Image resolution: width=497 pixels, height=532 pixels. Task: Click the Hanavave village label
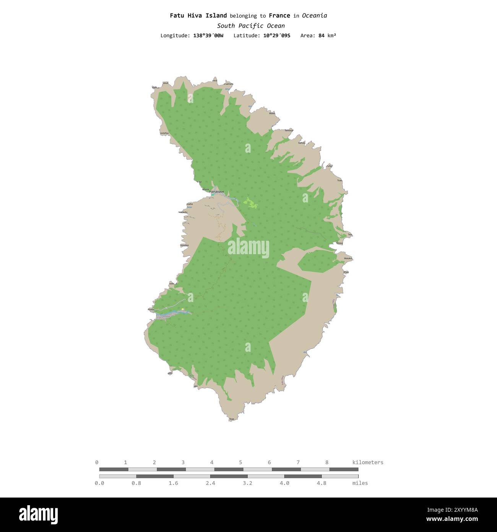216,191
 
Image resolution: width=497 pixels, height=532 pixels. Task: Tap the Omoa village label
166,317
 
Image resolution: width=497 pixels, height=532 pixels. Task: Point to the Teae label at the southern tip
231,419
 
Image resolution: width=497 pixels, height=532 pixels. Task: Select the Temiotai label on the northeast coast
289,131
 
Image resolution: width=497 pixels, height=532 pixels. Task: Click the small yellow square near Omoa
183,309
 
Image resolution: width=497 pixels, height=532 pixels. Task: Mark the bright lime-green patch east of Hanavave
251,203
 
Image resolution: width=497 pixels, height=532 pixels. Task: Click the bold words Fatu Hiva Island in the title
198,16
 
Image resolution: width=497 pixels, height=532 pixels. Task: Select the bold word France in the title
279,16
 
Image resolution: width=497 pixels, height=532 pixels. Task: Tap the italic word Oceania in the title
314,16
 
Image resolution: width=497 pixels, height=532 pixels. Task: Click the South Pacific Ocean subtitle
251,26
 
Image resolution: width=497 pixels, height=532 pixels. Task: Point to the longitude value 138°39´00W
208,36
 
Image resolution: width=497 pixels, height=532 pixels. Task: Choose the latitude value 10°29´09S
277,36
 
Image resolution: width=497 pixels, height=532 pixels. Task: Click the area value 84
322,36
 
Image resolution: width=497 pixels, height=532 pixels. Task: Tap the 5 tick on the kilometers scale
240,462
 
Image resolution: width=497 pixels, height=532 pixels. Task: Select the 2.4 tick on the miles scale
210,483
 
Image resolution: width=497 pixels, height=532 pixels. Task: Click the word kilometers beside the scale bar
367,462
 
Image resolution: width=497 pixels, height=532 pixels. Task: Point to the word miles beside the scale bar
360,483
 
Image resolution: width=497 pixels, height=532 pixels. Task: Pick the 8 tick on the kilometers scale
327,462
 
